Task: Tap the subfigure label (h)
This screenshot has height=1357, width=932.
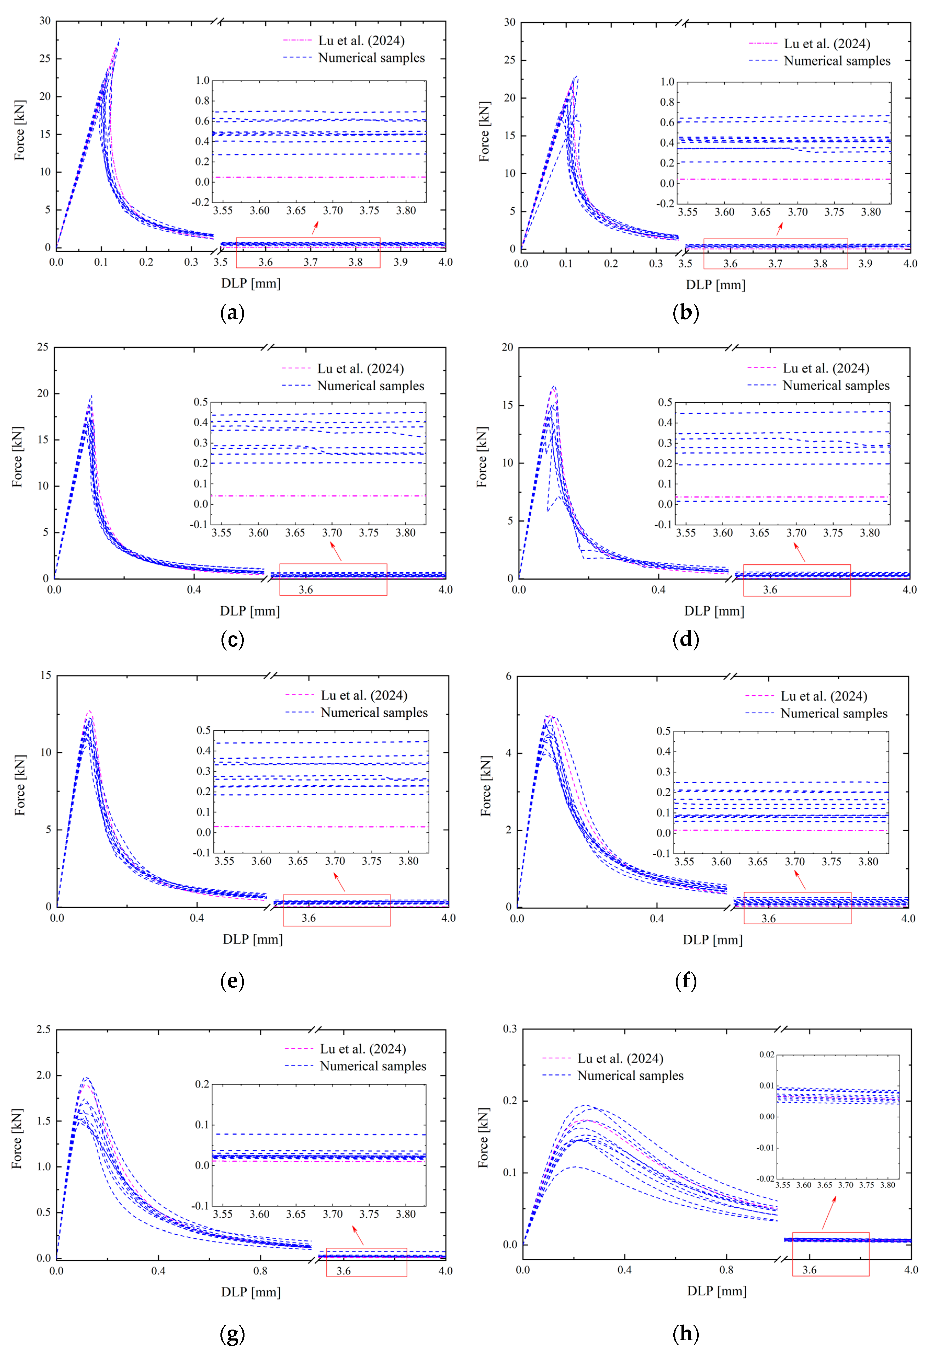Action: click(x=686, y=1333)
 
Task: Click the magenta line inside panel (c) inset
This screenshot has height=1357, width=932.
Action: click(x=318, y=496)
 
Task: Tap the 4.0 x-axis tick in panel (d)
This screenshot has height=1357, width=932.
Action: click(x=909, y=590)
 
